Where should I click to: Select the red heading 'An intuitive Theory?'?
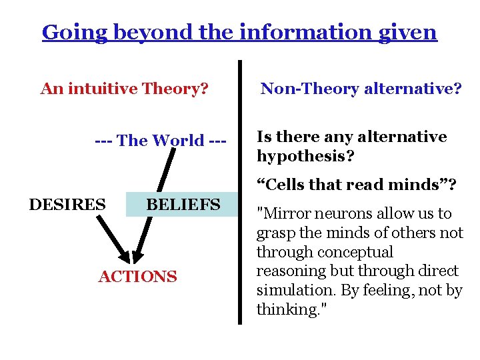(x=125, y=89)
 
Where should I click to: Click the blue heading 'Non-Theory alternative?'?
(x=361, y=89)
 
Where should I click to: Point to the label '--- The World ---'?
(x=161, y=141)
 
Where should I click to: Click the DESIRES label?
(x=67, y=204)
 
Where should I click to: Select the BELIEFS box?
(x=182, y=204)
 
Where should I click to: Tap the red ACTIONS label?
(x=138, y=277)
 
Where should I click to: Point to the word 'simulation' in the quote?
(x=289, y=291)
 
